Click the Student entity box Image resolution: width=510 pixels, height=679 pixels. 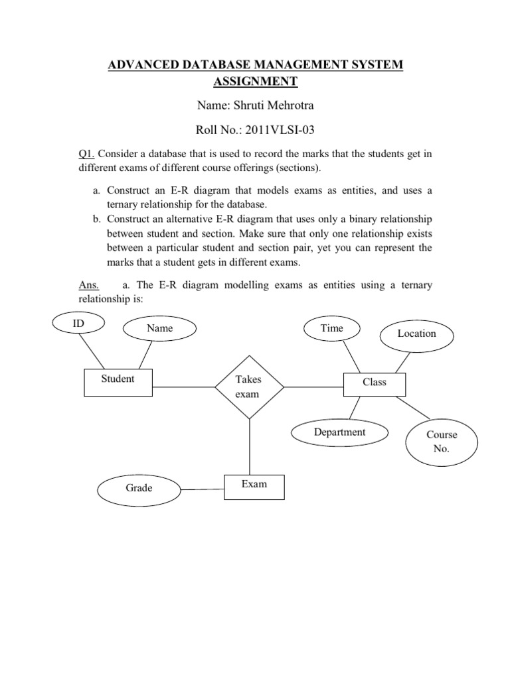coord(118,383)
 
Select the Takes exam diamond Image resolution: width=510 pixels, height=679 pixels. coord(248,387)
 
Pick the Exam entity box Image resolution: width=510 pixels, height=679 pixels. coord(254,487)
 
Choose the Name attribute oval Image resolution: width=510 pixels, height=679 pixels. coord(159,328)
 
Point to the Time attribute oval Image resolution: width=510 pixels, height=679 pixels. coord(331,328)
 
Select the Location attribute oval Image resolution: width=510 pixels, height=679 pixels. coord(416,334)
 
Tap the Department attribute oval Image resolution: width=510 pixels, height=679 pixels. coord(339,432)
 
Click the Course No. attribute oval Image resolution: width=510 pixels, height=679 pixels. coord(442,442)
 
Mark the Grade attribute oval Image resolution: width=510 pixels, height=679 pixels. coord(139,489)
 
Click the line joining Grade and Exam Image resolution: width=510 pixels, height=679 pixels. coord(202,490)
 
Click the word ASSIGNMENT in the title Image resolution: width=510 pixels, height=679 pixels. coord(255,81)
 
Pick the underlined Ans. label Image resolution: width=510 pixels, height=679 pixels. coord(89,285)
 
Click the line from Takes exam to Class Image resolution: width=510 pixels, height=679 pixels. coord(313,387)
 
